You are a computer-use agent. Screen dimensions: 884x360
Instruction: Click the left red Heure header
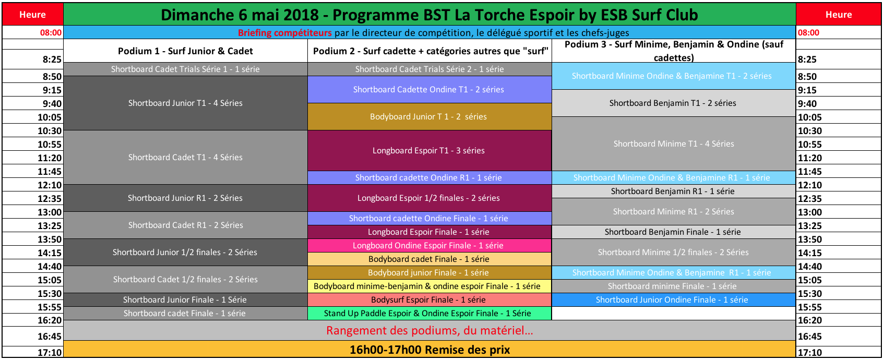coord(33,15)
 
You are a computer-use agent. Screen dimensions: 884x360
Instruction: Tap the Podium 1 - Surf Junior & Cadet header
coord(185,51)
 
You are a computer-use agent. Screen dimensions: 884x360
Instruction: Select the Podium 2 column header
coord(431,51)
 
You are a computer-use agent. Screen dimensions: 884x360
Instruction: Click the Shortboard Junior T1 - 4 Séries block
coord(185,103)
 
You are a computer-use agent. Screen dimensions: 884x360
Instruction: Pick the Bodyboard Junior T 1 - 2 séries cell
coord(429,117)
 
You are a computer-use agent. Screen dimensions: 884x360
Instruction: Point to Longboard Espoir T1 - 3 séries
coord(429,150)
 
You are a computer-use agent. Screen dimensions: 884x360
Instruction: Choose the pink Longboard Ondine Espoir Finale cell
coord(429,246)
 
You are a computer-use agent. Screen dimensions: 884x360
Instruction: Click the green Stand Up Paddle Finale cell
coord(429,314)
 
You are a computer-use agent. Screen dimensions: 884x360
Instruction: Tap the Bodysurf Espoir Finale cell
coord(429,299)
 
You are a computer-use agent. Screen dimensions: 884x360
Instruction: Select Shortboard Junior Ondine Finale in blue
coord(673,299)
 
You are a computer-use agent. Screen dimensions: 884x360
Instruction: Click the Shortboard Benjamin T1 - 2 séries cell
coord(673,103)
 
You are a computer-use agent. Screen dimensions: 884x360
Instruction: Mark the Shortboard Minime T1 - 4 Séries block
coord(673,143)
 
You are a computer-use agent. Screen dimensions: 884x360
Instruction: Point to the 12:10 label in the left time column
coord(50,185)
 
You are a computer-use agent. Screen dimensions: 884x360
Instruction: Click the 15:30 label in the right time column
coord(810,294)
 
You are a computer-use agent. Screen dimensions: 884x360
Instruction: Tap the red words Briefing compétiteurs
coord(284,33)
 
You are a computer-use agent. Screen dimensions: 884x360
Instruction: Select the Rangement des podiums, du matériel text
coord(429,330)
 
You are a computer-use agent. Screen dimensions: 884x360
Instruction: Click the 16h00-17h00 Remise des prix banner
coord(429,350)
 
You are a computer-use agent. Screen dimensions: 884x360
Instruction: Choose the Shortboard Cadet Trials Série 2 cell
coord(429,69)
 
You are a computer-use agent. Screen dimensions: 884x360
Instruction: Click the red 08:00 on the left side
coord(51,33)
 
